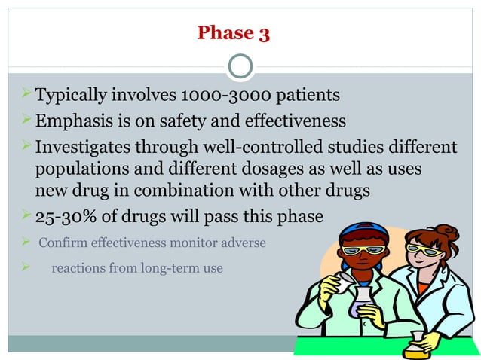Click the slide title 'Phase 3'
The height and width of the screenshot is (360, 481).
point(233,33)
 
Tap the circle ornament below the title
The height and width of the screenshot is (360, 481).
point(240,67)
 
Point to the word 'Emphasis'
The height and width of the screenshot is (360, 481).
point(74,121)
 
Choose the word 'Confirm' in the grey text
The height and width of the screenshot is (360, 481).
point(63,243)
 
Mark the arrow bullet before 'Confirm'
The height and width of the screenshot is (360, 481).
point(24,243)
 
